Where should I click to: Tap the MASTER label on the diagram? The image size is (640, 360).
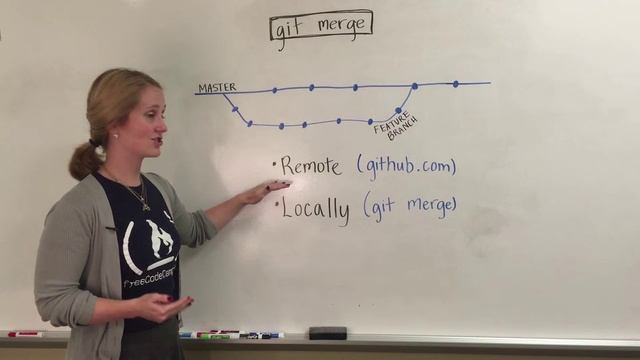click(216, 88)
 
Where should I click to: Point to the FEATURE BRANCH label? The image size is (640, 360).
click(395, 128)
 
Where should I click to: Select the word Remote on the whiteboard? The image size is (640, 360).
click(312, 166)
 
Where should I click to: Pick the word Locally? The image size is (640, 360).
click(315, 209)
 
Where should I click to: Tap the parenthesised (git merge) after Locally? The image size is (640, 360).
click(410, 206)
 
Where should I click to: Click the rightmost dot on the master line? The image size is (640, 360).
click(455, 84)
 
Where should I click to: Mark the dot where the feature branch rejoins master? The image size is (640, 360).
click(414, 86)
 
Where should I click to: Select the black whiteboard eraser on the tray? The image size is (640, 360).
click(327, 332)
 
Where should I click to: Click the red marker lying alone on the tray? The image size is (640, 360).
click(24, 333)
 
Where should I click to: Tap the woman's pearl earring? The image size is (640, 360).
click(115, 136)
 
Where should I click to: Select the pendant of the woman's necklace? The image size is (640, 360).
click(146, 206)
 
